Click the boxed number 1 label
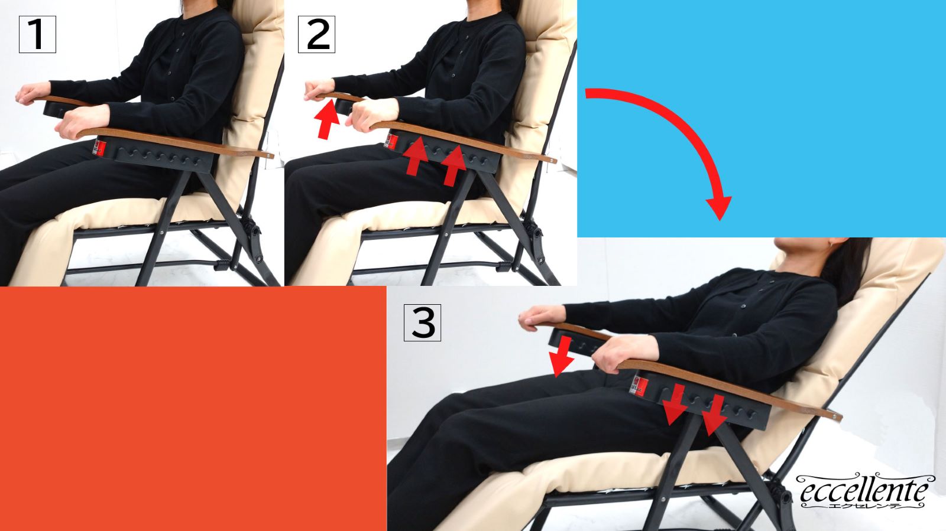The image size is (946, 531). pos(37,35)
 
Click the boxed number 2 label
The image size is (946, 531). pos(316,35)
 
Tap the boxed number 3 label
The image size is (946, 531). pos(422,322)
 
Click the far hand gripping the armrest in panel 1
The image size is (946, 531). pos(33,93)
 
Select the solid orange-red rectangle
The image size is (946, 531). pos(193,409)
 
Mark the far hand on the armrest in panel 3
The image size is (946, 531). pos(542,317)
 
